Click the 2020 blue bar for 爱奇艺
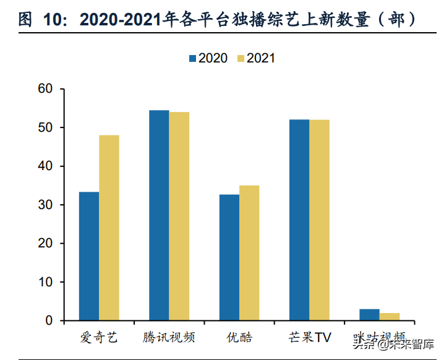[89, 256]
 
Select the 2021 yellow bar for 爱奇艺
[109, 228]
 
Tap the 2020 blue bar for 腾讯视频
[159, 215]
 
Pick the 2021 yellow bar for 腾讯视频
[179, 216]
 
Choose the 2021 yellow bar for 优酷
[249, 253]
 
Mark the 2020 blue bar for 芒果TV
[299, 220]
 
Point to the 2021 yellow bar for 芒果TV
[320, 220]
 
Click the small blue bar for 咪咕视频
[369, 315]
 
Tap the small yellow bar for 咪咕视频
[390, 317]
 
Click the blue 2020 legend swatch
[192, 58]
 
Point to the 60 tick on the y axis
[46, 89]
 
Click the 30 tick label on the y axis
[46, 205]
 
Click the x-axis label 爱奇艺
[98, 338]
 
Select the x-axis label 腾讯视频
[169, 338]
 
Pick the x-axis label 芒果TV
[309, 338]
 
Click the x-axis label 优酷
[239, 338]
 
